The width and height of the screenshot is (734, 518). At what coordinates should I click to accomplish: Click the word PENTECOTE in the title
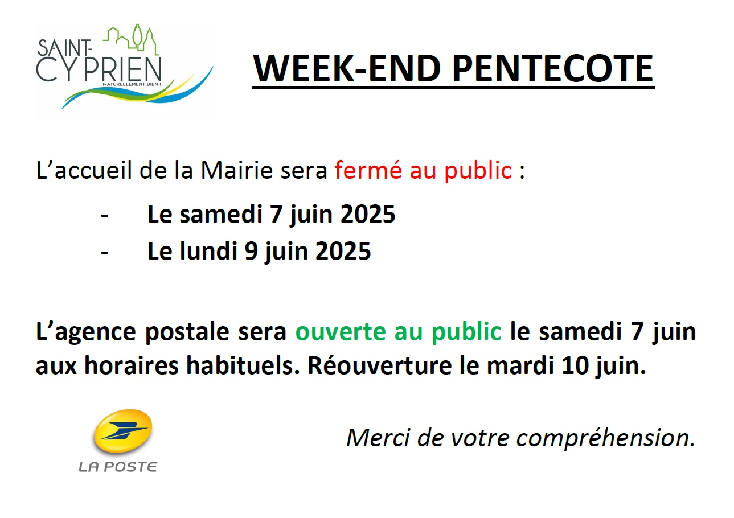click(x=553, y=68)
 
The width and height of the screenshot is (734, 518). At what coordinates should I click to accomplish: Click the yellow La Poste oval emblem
click(x=123, y=431)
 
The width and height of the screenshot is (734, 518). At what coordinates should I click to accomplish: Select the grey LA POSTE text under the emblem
click(x=118, y=467)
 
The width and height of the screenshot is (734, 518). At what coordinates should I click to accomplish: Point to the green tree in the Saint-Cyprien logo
click(x=137, y=36)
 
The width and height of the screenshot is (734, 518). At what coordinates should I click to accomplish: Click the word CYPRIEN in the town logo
click(x=99, y=69)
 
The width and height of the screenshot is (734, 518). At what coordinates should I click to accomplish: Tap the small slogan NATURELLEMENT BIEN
click(x=132, y=84)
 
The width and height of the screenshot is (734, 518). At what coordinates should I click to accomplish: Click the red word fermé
click(x=368, y=170)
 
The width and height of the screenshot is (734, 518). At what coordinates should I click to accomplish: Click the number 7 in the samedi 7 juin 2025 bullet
click(x=276, y=214)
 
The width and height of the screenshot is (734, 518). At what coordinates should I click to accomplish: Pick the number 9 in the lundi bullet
click(x=251, y=251)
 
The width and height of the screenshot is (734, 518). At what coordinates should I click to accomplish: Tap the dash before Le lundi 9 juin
click(x=105, y=252)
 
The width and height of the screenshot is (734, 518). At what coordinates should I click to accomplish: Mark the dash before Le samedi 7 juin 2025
click(x=105, y=216)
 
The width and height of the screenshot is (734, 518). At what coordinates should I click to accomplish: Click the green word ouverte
click(x=341, y=331)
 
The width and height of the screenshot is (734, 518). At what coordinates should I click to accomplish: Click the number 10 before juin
click(x=575, y=365)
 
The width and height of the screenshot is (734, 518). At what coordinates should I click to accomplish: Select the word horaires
click(x=132, y=365)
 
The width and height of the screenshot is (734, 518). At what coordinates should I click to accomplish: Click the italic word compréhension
click(x=605, y=438)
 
